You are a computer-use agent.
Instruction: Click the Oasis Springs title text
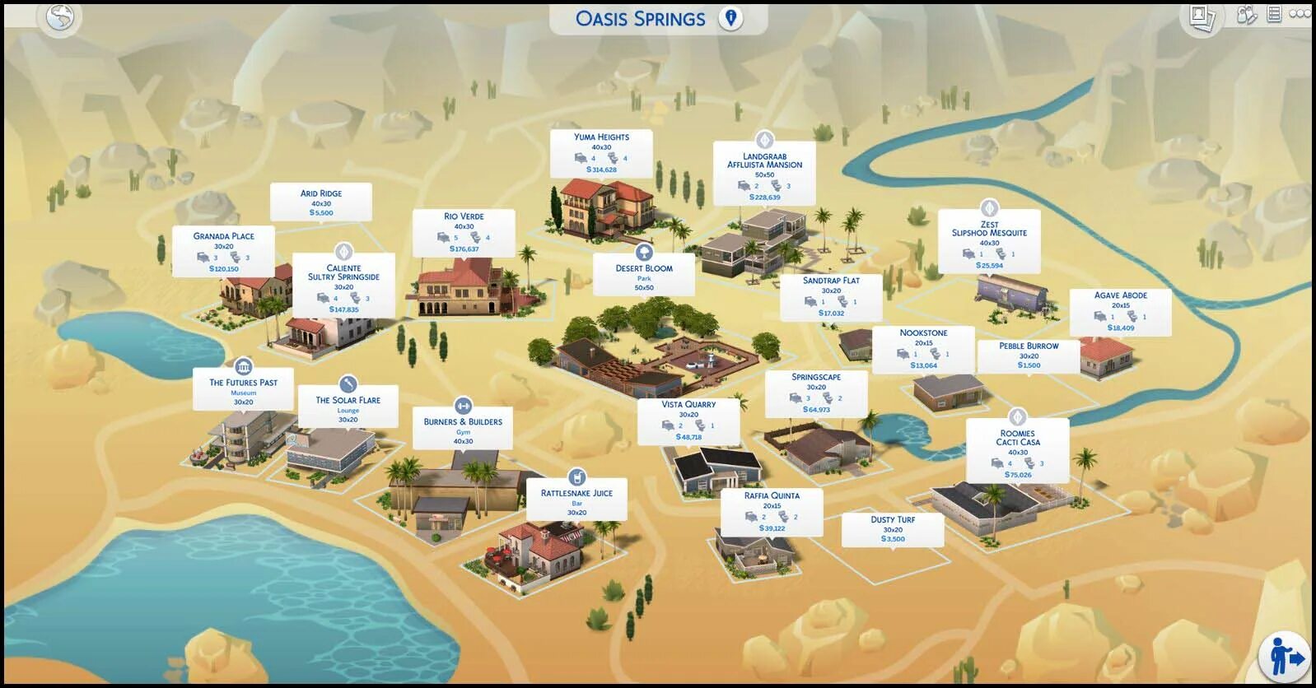click(640, 19)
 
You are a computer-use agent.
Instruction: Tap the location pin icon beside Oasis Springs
click(730, 18)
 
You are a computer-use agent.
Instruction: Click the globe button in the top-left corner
click(60, 17)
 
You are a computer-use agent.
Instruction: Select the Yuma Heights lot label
click(601, 137)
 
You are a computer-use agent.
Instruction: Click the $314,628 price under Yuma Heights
click(601, 170)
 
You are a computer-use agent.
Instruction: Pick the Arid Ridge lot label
click(320, 193)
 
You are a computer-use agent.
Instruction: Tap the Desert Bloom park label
click(644, 268)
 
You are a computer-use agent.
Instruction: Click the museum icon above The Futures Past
click(243, 366)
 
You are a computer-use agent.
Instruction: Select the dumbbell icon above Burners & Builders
click(463, 406)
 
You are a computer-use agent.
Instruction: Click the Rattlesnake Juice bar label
click(576, 494)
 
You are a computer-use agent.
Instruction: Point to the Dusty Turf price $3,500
click(893, 539)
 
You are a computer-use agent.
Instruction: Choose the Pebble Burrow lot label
click(1029, 346)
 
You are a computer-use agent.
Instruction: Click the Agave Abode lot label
click(1120, 295)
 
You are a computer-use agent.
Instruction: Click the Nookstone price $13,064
click(923, 365)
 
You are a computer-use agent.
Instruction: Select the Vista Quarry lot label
click(688, 405)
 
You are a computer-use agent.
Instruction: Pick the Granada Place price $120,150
click(223, 269)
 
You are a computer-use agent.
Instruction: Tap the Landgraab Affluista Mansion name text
click(764, 160)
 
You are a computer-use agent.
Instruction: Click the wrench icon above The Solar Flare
click(348, 384)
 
